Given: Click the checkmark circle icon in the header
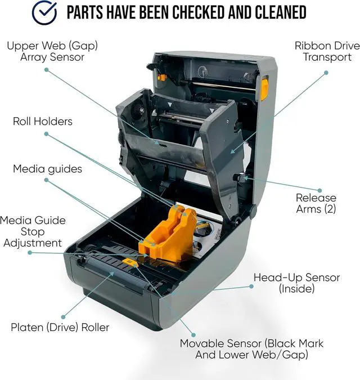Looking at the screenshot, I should pos(44,13).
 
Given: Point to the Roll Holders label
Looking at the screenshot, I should pos(43,121).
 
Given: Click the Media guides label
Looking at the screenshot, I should pos(47,169).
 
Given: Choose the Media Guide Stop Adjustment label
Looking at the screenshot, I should pos(33,231).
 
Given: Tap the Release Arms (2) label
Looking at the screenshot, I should pos(316,203).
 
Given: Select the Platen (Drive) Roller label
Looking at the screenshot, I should pos(60,327).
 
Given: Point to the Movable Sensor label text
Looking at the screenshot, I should pos(251,349).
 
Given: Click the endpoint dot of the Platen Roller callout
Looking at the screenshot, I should pos(64,316).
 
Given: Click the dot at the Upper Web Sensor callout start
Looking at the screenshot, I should pos(46,70).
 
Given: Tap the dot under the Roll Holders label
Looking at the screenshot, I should pos(46,134).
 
